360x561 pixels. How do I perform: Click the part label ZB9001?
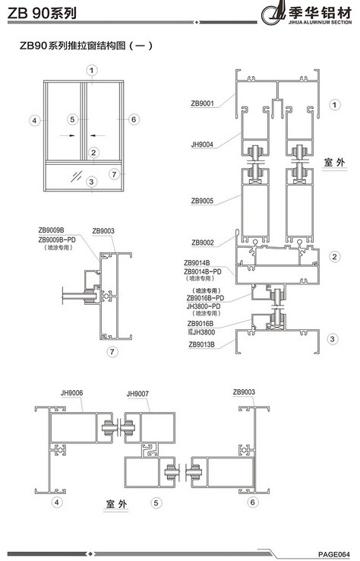click(202, 103)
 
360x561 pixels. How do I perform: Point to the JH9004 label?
click(202, 144)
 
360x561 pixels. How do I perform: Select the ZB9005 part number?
click(202, 201)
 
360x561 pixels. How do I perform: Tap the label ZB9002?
click(202, 242)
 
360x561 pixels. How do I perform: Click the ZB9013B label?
click(201, 344)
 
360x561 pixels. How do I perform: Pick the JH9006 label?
click(71, 393)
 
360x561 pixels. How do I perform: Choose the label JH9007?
click(137, 394)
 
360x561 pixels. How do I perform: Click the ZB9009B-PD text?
click(57, 239)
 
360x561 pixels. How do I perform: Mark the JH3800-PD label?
click(204, 306)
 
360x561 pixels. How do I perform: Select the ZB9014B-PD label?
click(203, 271)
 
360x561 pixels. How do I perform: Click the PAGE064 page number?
click(334, 554)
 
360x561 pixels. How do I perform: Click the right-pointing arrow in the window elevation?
click(67, 135)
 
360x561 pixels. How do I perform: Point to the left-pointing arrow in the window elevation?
click(98, 135)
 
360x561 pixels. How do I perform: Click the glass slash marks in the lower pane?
click(76, 176)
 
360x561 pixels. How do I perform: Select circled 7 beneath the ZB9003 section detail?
click(112, 352)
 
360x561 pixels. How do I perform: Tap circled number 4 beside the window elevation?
click(34, 120)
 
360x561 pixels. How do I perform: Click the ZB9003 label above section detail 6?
click(244, 391)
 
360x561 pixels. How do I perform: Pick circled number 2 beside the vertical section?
click(335, 256)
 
